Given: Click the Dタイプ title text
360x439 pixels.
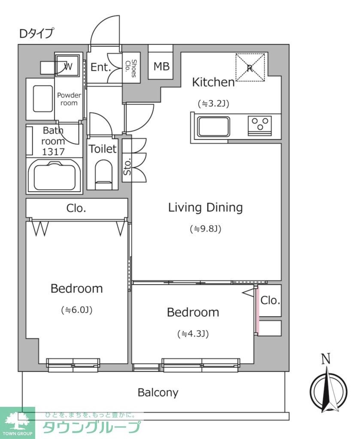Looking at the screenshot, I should pyautogui.click(x=36, y=33).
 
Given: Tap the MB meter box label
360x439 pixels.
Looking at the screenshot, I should pyautogui.click(x=161, y=66).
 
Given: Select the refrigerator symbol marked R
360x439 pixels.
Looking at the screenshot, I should pyautogui.click(x=251, y=67).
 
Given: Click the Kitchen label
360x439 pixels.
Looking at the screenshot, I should pyautogui.click(x=213, y=82).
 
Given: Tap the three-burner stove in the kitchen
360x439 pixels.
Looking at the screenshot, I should pyautogui.click(x=260, y=125).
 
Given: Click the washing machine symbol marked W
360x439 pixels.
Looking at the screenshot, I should pyautogui.click(x=67, y=66).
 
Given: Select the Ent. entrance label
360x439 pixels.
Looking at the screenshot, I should pyautogui.click(x=100, y=67).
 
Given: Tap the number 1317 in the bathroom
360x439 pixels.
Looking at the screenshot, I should pyautogui.click(x=54, y=151).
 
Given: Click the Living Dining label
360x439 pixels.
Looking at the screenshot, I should pyautogui.click(x=205, y=208).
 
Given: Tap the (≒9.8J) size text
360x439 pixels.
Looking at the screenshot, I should pyautogui.click(x=205, y=229).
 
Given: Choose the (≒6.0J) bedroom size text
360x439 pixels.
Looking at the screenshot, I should pyautogui.click(x=77, y=310).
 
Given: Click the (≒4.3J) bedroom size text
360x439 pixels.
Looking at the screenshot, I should pyautogui.click(x=193, y=334).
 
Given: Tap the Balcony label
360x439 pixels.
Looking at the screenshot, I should pyautogui.click(x=158, y=392).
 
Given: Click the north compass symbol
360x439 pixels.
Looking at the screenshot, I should pyautogui.click(x=328, y=388).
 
